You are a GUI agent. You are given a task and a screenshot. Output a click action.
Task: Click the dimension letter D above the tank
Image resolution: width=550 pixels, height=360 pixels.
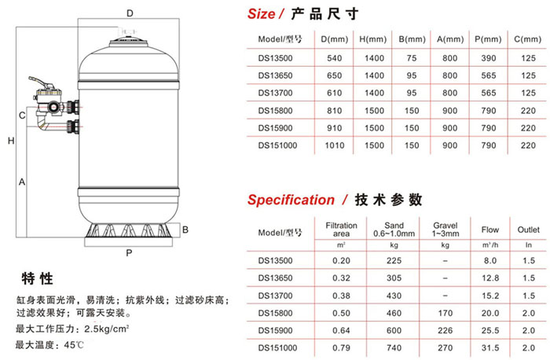tap(131, 13)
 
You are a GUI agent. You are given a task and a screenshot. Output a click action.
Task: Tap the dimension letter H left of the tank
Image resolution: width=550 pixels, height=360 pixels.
tap(10, 141)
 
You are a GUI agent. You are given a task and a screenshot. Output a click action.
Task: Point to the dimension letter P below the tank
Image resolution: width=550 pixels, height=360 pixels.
tap(128, 253)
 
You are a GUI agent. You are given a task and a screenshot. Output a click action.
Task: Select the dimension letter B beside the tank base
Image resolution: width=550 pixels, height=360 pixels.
tap(185, 230)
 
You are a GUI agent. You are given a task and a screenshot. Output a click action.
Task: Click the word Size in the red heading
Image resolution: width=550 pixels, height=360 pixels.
tap(261, 13)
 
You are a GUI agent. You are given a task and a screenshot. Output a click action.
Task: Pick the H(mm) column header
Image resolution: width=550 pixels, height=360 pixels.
tap(368, 39)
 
